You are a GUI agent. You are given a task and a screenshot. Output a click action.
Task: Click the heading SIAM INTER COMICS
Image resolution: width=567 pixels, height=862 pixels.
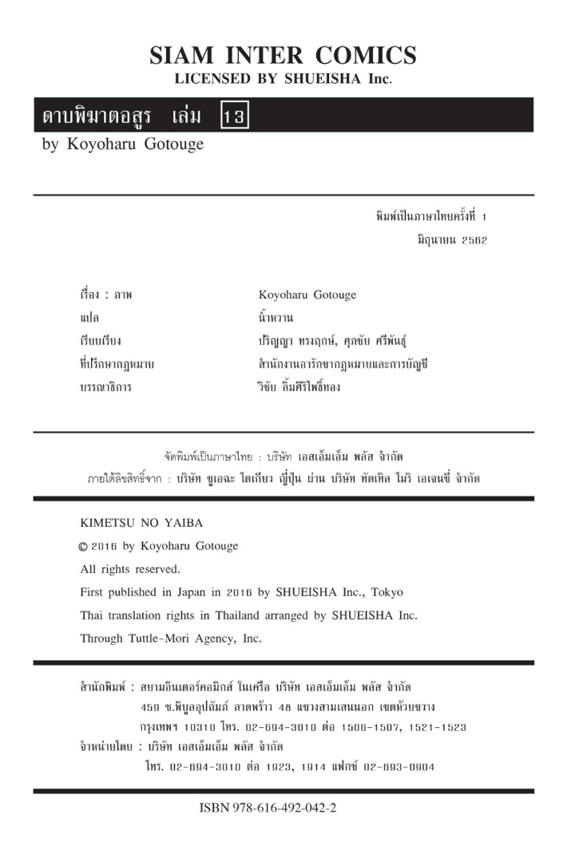coord(283,56)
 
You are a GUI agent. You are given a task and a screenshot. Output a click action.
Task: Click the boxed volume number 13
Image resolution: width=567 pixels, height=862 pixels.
coord(235,117)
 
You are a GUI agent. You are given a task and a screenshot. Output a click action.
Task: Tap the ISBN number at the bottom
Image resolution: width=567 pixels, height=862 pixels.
coord(268,807)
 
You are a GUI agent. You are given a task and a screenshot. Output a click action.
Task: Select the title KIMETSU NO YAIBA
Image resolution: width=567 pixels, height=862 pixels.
coord(142,523)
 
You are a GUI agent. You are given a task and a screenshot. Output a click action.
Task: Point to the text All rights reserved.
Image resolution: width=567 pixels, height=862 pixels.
coord(130,569)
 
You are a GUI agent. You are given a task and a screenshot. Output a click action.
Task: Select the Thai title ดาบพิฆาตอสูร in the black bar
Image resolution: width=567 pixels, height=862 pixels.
coord(98,117)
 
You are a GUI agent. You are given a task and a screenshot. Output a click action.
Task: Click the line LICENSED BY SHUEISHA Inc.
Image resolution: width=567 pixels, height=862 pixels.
coord(283,80)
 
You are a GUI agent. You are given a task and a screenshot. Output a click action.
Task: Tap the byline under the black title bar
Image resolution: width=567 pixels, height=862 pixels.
coord(123,144)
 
